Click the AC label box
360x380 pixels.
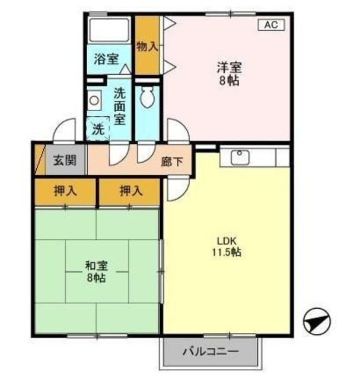[270, 24]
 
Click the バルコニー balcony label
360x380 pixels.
[211, 351]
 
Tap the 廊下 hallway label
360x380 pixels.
[172, 160]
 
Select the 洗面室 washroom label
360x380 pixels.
[120, 106]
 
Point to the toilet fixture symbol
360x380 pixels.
[147, 97]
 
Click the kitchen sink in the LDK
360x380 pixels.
[240, 157]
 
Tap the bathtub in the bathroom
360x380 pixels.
[109, 29]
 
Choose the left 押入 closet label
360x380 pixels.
[65, 191]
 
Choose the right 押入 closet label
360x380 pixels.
[130, 191]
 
